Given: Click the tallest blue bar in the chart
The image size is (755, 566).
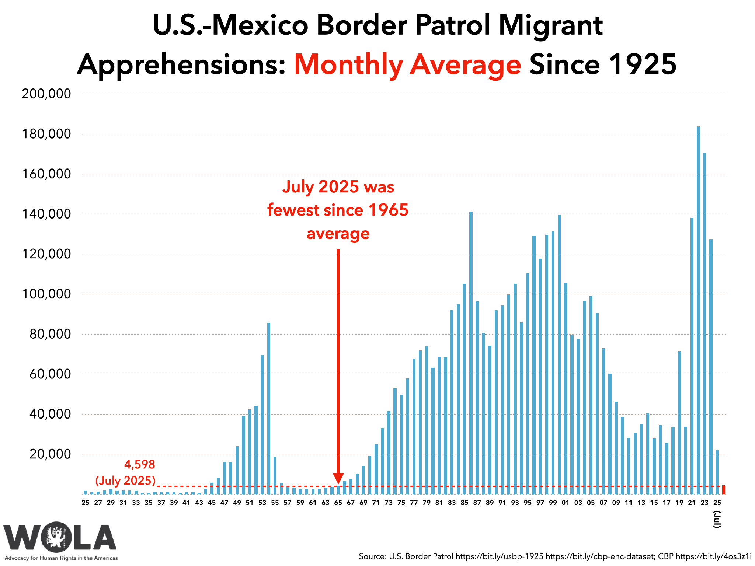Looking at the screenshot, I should click(x=698, y=310).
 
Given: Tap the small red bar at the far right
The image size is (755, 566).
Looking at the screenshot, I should click(x=724, y=490).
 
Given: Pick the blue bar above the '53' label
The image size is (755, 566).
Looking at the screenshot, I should click(x=262, y=424).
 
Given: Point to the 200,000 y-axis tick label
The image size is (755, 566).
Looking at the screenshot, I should click(x=46, y=94).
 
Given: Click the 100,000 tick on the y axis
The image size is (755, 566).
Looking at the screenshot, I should click(x=46, y=294).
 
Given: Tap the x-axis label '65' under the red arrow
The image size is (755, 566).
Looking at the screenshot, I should click(x=338, y=503).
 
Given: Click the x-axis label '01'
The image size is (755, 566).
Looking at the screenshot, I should click(x=566, y=503).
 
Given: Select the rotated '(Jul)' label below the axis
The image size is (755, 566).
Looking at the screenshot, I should click(x=717, y=519).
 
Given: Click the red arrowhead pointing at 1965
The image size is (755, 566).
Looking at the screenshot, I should click(x=338, y=478).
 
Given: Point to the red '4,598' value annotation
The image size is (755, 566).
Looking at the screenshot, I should click(x=140, y=464).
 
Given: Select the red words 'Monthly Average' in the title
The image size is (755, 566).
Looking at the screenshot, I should click(x=407, y=65).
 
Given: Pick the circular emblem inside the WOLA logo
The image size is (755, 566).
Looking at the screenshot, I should click(x=58, y=537).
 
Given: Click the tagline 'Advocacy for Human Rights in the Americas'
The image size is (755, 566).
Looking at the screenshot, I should click(x=61, y=558).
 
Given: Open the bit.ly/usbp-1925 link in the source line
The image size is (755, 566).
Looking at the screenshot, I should click(x=499, y=556).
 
